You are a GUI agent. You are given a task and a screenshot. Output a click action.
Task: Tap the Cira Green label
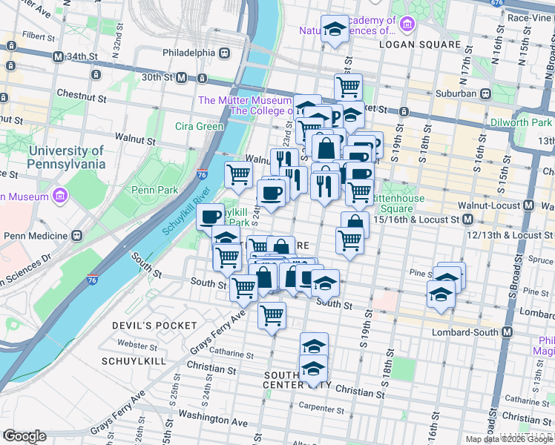click(x=199, y=126)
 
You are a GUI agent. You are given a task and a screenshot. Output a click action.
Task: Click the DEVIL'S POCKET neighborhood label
click(x=154, y=326)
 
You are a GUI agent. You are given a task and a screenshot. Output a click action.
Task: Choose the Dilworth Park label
click(x=521, y=122)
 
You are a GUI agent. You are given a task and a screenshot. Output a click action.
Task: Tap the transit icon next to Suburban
click(x=486, y=94)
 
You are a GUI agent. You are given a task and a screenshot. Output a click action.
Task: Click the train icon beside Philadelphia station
click(x=223, y=53)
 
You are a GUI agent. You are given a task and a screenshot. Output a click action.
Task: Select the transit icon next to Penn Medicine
click(x=76, y=236)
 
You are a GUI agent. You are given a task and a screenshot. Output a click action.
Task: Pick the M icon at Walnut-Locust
click(x=528, y=204)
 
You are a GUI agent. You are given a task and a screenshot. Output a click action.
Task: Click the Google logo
click(x=24, y=436)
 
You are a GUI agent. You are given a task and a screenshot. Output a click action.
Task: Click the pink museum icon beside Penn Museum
click(x=59, y=197)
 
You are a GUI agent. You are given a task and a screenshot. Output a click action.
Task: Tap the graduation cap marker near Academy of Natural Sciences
click(x=336, y=30)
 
